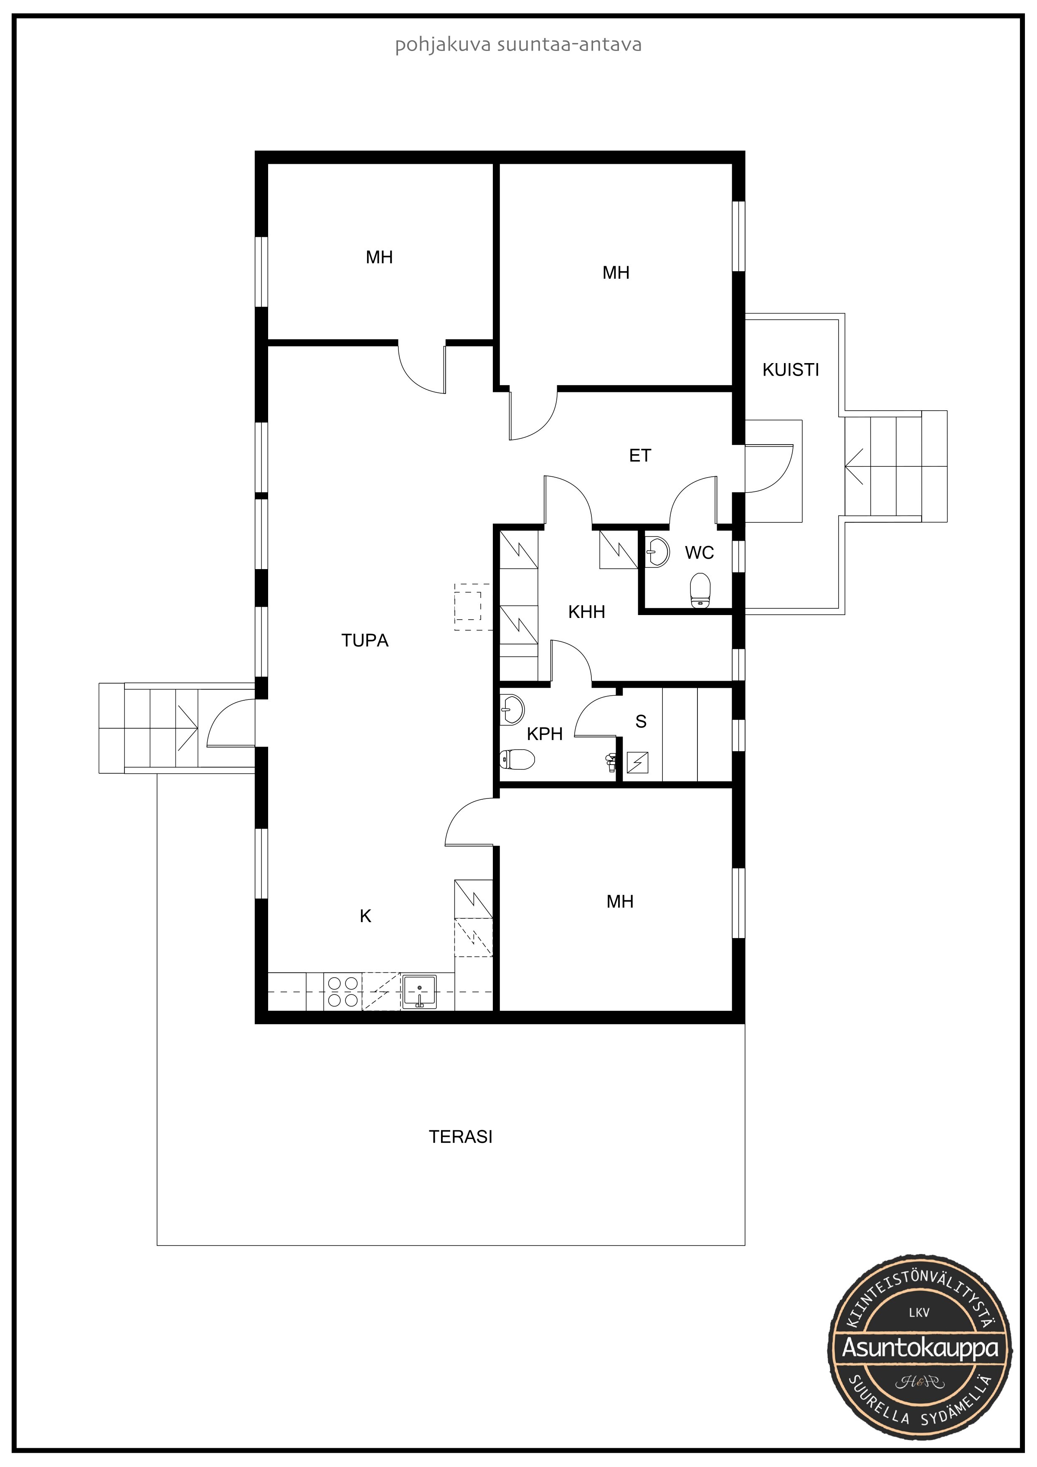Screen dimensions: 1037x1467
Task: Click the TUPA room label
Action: click(365, 640)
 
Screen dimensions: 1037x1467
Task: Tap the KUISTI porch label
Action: click(791, 370)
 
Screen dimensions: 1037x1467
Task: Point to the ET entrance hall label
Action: click(640, 455)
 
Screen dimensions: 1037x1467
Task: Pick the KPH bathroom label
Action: click(545, 734)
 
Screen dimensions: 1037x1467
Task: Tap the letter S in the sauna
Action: click(641, 721)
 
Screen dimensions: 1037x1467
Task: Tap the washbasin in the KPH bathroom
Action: click(512, 709)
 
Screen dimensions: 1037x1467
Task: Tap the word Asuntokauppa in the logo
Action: click(920, 1348)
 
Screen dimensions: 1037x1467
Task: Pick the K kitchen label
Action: click(365, 916)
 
